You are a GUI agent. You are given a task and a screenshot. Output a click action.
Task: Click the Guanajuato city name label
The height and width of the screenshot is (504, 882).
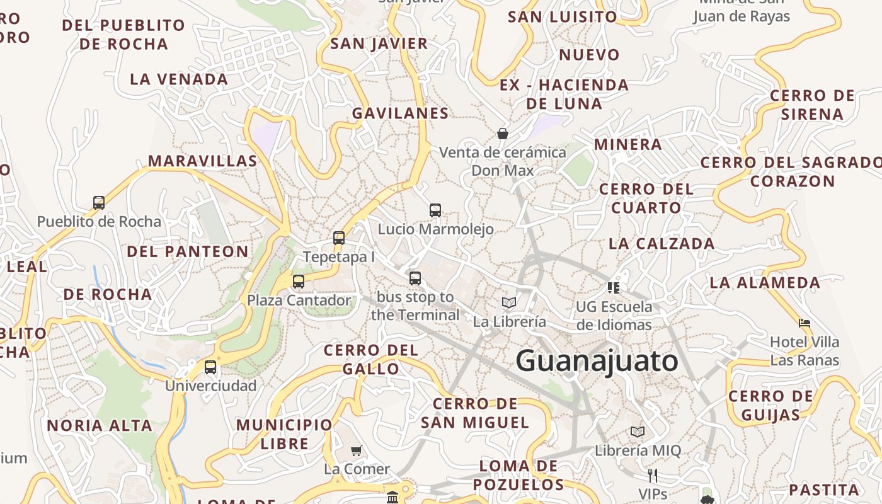pos(597,361)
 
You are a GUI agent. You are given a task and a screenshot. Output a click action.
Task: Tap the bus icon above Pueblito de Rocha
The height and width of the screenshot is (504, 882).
pos(99,202)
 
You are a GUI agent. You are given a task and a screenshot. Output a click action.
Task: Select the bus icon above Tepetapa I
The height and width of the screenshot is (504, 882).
pos(339,238)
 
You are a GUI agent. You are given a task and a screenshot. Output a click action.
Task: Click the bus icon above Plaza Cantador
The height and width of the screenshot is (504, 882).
pos(299,281)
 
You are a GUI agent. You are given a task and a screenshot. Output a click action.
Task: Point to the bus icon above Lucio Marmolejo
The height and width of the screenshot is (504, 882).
pos(435,210)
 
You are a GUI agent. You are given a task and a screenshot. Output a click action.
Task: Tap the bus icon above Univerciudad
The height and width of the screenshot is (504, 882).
pos(210,367)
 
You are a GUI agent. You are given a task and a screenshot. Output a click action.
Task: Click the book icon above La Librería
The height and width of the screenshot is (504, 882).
pos(509,302)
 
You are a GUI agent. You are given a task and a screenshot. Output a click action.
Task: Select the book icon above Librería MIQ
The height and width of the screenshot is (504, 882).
pos(638,432)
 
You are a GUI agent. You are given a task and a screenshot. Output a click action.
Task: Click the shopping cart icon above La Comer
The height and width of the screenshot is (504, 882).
pos(357,450)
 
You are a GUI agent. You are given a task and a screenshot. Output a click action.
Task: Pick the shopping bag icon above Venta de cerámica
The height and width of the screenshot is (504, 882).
pos(503,133)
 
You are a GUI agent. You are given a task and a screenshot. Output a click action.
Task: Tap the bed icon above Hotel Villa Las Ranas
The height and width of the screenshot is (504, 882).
pos(805,323)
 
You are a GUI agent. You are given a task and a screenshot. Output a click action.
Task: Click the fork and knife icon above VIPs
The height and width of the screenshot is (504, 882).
pos(652,475)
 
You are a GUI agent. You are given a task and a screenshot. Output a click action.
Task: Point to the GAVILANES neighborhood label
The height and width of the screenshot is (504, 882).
pos(400,113)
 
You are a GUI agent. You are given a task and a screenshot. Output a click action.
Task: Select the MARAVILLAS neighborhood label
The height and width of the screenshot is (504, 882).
pos(203,161)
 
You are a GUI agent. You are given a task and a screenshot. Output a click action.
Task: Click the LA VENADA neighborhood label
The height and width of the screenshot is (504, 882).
pos(179,79)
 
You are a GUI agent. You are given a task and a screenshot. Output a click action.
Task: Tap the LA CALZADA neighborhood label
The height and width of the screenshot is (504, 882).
pos(661,244)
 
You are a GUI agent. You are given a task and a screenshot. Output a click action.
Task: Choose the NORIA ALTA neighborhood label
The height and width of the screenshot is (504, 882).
pos(100,426)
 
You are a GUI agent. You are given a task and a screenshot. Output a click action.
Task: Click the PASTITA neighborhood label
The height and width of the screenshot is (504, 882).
pos(824,490)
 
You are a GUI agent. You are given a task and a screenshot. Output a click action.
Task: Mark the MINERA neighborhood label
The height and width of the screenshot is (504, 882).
pos(628,145)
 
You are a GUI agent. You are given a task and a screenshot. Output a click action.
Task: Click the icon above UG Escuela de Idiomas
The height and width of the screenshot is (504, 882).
pos(614,288)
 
